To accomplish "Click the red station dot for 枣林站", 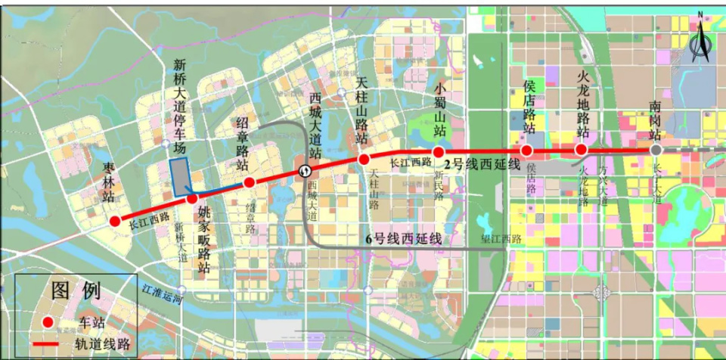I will click(115, 222).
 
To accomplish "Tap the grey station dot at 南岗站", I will click(656, 151).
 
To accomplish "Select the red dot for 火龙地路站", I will click(581, 150).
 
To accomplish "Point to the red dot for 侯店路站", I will click(527, 150).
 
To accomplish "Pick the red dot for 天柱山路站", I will click(364, 160).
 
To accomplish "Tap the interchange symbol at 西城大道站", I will click(304, 171).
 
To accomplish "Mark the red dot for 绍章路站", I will click(249, 182).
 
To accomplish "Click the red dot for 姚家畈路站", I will click(192, 198).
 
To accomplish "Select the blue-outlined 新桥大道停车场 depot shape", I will click(180, 178).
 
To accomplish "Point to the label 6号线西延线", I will click(403, 239).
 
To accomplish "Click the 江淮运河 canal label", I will click(163, 294).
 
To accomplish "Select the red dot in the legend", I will click(48, 322).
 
